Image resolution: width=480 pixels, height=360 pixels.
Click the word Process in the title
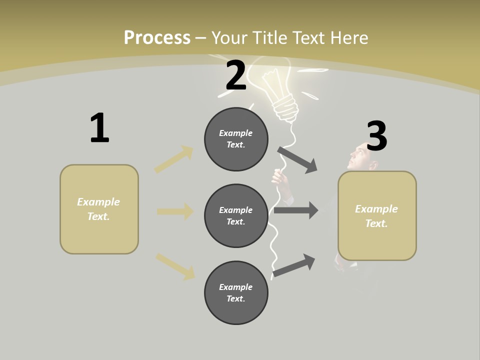(157, 37)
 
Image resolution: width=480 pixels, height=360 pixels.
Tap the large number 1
(99, 128)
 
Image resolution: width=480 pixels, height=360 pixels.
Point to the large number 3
(377, 136)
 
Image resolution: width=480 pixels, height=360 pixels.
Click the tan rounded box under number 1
(99, 209)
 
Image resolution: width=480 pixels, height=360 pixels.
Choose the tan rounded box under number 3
(377, 216)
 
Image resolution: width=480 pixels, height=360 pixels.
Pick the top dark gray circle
(236, 139)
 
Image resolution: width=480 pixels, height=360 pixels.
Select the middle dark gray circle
(236, 216)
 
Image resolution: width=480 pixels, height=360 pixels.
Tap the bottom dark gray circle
(236, 293)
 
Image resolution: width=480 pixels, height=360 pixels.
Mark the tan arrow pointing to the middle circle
(175, 211)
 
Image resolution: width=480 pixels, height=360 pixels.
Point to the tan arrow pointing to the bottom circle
(175, 266)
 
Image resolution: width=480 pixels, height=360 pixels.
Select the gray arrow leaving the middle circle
(296, 210)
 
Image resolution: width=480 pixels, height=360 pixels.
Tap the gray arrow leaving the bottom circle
(294, 265)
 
